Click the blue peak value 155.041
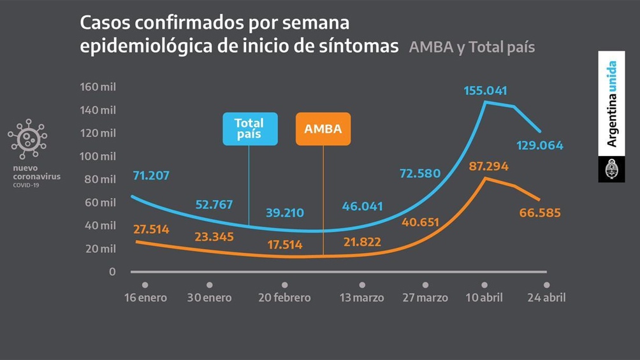click(x=486, y=90)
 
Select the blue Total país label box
click(x=249, y=129)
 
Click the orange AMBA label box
click(x=323, y=129)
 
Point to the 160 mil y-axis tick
click(x=98, y=87)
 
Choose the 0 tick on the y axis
click(x=112, y=271)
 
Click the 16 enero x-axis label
click(x=145, y=298)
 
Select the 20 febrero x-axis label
click(x=284, y=298)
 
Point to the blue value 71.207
click(x=151, y=175)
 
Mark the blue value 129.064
click(x=541, y=145)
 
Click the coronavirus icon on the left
click(x=27, y=138)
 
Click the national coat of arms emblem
click(x=611, y=169)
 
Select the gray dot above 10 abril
click(x=484, y=285)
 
